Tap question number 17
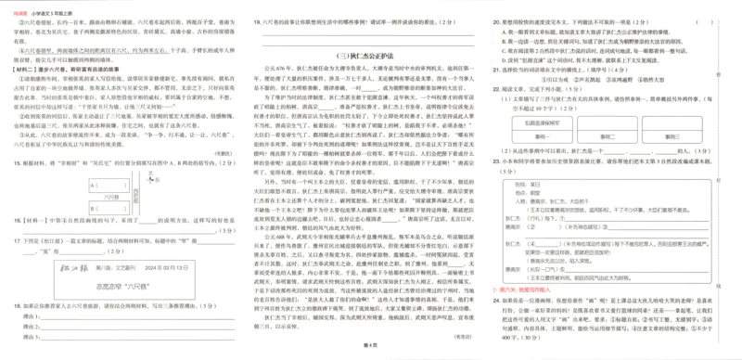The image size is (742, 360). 16,240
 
